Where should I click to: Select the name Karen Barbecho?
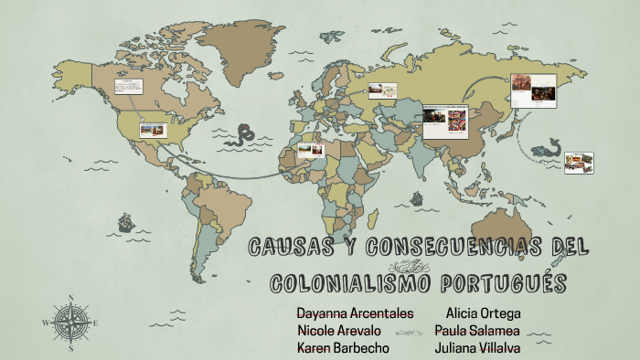coord(343,348)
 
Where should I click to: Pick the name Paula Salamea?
coord(477,331)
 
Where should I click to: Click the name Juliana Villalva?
coord(478,348)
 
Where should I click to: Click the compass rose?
coord(69,322)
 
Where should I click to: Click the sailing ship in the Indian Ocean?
coord(416,196)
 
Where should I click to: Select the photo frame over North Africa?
coord(311,150)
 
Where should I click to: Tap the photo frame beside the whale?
coord(579,163)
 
